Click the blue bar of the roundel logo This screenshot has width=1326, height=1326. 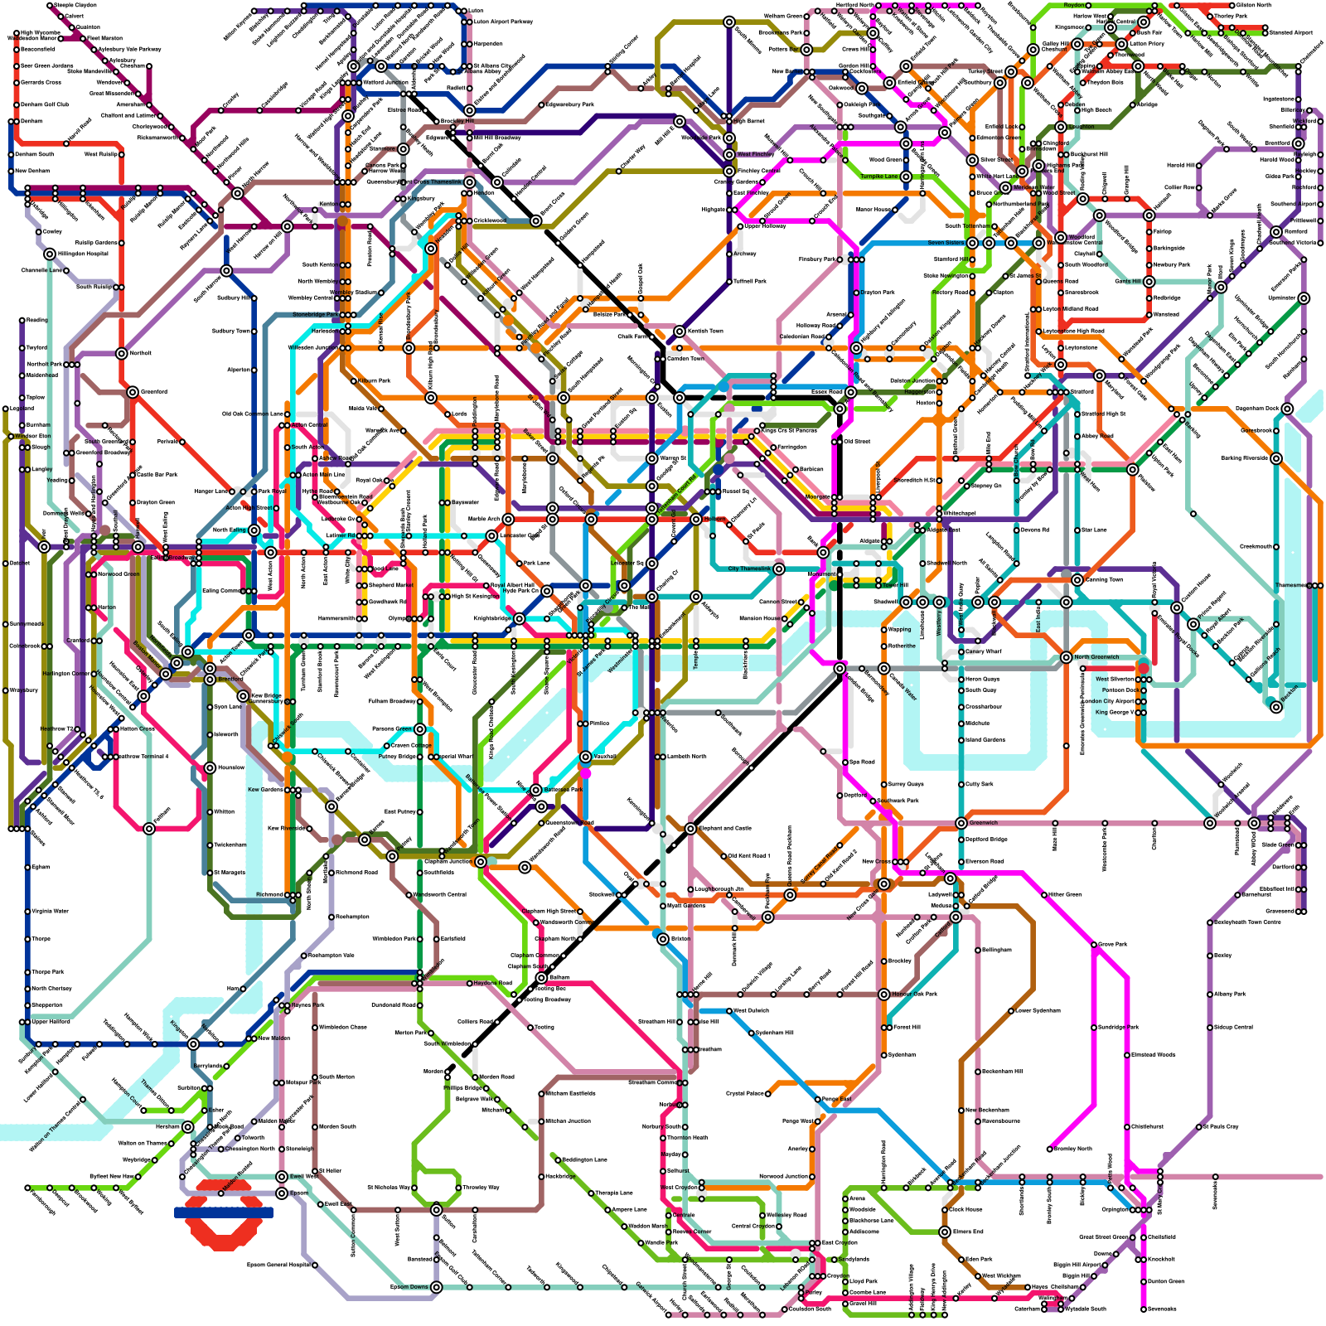pyautogui.click(x=224, y=1212)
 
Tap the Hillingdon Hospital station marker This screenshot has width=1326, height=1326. pyautogui.click(x=50, y=254)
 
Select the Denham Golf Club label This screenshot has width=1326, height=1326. pyautogui.click(x=43, y=104)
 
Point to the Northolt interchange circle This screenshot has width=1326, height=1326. pyautogui.click(x=122, y=353)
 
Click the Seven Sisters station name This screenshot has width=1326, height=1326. pyautogui.click(x=946, y=243)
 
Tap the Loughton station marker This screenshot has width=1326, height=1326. pyautogui.click(x=1060, y=127)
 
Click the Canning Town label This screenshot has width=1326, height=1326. pyautogui.click(x=1103, y=579)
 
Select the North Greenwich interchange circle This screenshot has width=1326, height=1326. pyautogui.click(x=1066, y=657)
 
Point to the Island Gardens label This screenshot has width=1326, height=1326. pyautogui.click(x=985, y=740)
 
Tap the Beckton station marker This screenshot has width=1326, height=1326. pyautogui.click(x=1276, y=706)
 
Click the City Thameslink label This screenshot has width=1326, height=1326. pyautogui.click(x=748, y=569)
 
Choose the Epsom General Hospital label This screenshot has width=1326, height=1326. pyautogui.click(x=278, y=1265)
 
